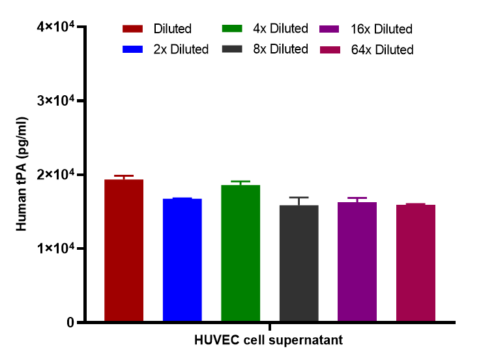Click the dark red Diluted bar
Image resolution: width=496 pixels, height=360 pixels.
tap(124, 250)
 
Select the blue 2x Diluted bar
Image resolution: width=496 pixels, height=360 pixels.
tap(182, 260)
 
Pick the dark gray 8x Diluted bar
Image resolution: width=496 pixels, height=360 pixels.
tap(299, 263)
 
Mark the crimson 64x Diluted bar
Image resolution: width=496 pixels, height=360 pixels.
tap(415, 263)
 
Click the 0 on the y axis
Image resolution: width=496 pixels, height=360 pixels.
tap(71, 322)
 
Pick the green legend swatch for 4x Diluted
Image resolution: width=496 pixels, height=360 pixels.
tap(233, 29)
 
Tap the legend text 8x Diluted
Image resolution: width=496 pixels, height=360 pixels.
tap(281, 49)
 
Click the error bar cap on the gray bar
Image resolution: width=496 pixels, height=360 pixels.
tap(299, 197)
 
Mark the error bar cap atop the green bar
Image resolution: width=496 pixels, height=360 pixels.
tap(241, 181)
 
